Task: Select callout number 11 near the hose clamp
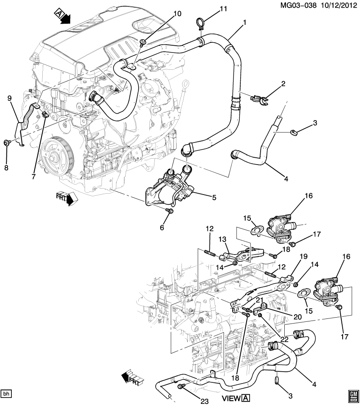coord(224,9)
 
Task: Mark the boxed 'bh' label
coord(6,394)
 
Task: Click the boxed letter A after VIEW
coord(246,398)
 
